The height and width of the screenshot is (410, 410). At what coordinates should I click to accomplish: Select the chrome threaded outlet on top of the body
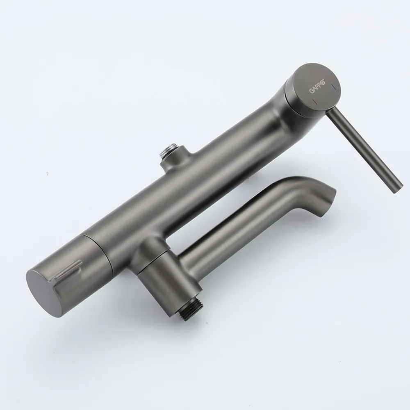coord(170,151)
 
